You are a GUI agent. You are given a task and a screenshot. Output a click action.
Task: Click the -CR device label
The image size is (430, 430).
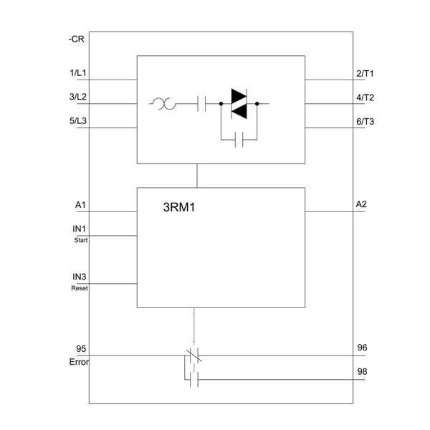[76, 39]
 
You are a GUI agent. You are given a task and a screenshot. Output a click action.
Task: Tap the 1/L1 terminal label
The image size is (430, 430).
[78, 73]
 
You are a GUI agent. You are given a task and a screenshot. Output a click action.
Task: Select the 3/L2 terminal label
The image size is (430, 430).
[78, 97]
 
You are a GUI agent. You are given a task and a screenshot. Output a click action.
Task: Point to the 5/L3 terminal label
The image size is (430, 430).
[78, 120]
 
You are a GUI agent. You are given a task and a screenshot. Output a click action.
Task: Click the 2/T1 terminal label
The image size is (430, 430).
[365, 74]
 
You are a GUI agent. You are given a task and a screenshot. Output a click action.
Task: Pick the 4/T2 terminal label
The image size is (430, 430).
[365, 97]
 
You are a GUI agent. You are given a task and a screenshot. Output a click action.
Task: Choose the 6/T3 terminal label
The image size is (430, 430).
[365, 122]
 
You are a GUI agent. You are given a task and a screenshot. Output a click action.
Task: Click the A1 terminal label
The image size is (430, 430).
[80, 205]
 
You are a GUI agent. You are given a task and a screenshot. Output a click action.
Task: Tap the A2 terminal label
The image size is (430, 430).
[361, 204]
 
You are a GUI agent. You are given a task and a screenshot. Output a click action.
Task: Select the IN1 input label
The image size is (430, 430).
[80, 229]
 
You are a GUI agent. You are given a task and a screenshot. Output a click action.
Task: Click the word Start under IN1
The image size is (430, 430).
[81, 240]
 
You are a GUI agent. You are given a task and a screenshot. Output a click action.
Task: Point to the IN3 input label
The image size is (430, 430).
[80, 277]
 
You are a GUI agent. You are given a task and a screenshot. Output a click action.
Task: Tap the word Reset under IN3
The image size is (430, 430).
[80, 288]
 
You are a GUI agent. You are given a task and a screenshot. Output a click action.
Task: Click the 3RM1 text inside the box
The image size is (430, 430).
[179, 207]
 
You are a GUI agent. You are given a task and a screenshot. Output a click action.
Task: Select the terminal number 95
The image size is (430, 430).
[81, 349]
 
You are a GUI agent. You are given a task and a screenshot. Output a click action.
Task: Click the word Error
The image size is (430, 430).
[80, 362]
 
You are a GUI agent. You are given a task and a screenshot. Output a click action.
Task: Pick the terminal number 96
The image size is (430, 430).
[362, 348]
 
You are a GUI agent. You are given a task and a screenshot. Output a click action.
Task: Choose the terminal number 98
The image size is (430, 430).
[362, 371]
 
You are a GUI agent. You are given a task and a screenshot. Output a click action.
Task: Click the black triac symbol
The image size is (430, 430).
[239, 104]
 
